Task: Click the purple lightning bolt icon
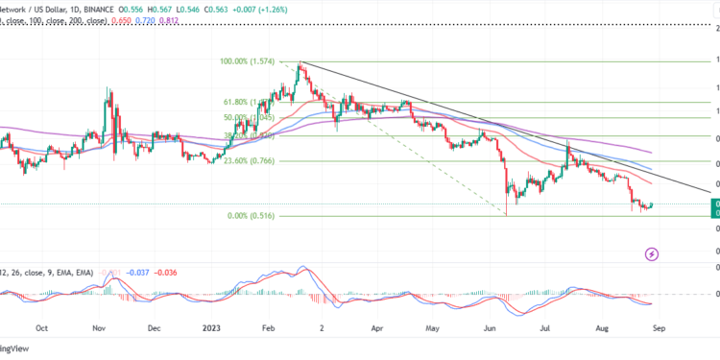tap(652, 253)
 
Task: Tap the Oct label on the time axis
tap(41, 326)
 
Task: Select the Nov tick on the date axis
tap(100, 326)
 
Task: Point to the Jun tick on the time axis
tap(491, 326)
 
